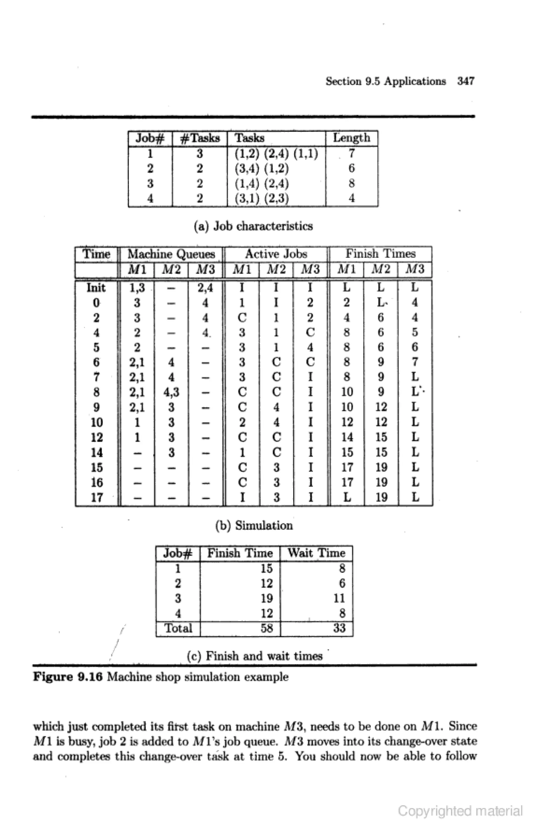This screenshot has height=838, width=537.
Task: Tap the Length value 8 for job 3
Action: coord(352,183)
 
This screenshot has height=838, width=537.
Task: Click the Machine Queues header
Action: coord(171,254)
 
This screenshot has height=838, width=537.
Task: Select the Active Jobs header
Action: coord(276,254)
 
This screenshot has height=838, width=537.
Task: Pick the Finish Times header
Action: coord(380,254)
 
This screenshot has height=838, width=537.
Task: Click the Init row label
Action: coord(96,288)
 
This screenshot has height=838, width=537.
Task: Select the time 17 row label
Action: coord(96,497)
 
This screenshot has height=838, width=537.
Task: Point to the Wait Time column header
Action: coord(316,553)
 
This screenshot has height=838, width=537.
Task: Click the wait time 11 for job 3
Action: coord(339,599)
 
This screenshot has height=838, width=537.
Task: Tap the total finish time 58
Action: coord(266,628)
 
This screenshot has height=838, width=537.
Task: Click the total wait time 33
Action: coord(339,628)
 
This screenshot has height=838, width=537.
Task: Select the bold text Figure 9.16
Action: coord(68,677)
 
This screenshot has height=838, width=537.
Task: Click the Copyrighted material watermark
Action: coord(460,811)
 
